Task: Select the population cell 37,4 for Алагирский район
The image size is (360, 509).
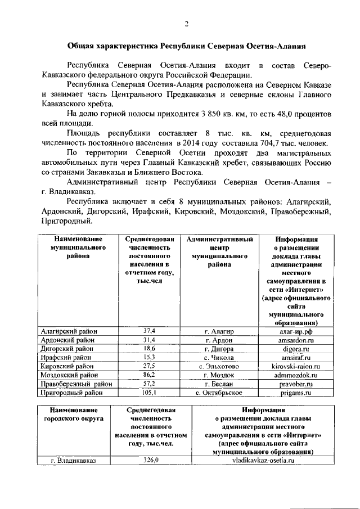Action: point(149,331)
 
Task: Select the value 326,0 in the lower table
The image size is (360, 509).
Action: point(151,460)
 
